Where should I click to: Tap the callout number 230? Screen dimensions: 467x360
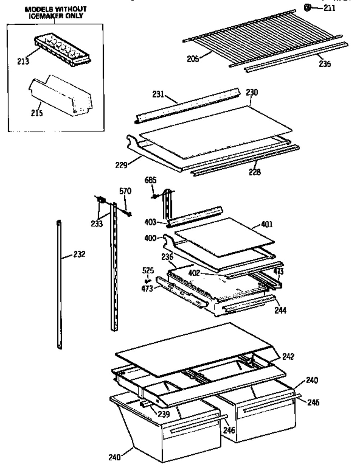pos(252,92)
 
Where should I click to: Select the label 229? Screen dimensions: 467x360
pos(121,165)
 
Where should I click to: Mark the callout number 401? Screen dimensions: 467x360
pos(267,224)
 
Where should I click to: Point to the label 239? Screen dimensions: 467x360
pos(163,414)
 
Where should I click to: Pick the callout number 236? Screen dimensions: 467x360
pos(167,257)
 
